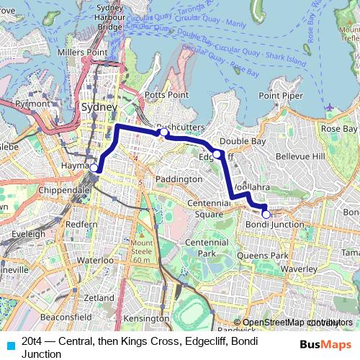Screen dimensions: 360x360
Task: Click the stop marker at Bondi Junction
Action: coord(266,214)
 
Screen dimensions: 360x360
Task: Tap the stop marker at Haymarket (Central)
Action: coord(94,166)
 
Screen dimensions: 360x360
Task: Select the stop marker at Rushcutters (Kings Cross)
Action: coord(163,132)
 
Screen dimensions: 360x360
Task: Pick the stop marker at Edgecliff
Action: coord(217,153)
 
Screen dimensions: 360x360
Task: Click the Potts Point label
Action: coord(166,95)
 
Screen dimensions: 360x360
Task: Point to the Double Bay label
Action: coord(239,141)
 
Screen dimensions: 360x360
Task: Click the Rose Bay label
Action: coord(339,128)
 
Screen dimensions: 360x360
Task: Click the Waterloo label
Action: coord(91,260)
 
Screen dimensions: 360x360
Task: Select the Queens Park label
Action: coord(267,256)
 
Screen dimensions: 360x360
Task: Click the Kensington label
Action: coord(145,318)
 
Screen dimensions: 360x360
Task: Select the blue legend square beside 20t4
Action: coord(9,344)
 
